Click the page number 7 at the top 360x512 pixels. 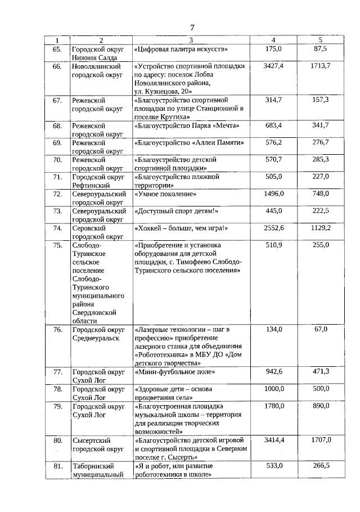tap(191, 27)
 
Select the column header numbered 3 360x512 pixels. tap(191, 40)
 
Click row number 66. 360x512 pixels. tap(56, 66)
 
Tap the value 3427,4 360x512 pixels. tap(273, 66)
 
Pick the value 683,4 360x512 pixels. tap(273, 125)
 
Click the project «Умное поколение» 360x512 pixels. tap(165, 194)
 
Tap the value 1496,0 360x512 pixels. tap(273, 194)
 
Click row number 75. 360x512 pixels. tap(56, 245)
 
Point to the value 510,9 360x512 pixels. tap(273, 245)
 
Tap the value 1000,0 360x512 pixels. tap(273, 389)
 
